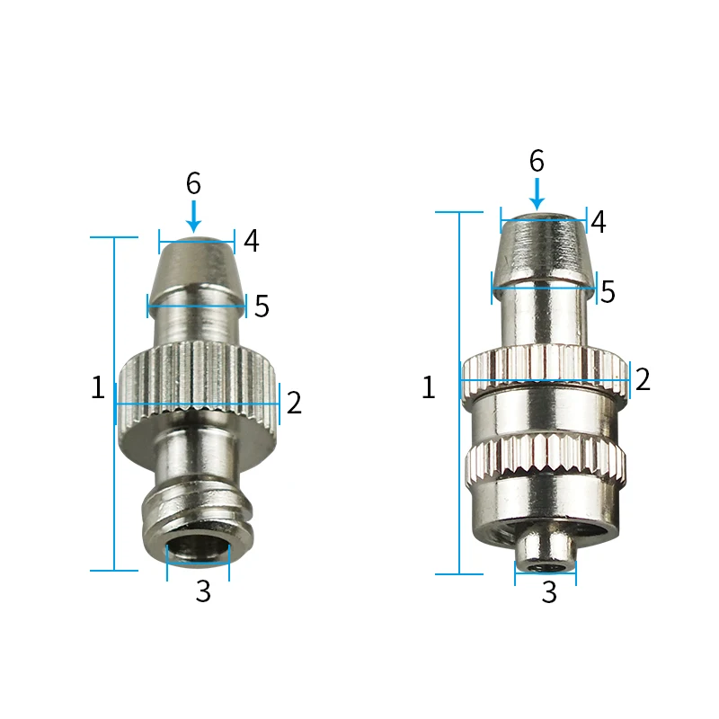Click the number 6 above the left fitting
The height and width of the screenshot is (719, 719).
click(193, 183)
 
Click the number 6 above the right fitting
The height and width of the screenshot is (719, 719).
click(537, 161)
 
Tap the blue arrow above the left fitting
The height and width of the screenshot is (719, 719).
click(193, 217)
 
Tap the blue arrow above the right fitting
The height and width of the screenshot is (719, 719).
click(537, 193)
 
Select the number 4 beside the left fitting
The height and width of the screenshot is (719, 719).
click(252, 241)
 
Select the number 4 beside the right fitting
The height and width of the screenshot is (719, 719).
click(598, 221)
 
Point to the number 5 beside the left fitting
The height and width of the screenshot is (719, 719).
click(261, 306)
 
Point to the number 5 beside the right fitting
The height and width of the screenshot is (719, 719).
click(608, 292)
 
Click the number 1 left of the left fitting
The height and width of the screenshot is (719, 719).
click(98, 388)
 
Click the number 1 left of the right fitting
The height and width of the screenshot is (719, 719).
click(428, 388)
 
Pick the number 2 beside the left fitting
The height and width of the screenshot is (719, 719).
click(294, 403)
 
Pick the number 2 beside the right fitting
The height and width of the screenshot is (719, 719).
click(642, 379)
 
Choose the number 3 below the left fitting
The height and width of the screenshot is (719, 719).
click(203, 592)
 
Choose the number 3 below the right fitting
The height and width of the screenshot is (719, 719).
click(549, 592)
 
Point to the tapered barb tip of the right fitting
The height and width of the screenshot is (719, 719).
click(544, 248)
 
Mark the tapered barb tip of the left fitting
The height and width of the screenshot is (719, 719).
click(197, 268)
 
